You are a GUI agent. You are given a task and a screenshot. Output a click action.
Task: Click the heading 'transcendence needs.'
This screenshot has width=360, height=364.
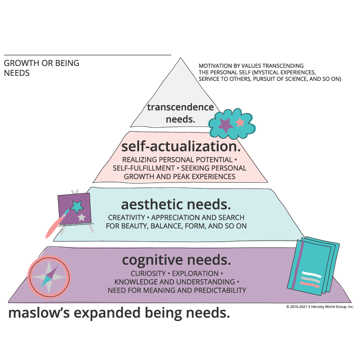tap(180, 113)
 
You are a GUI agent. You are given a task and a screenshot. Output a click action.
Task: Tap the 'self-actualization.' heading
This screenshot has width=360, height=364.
tap(180, 147)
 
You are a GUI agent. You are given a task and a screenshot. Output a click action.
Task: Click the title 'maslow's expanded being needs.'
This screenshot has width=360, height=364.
tap(119, 313)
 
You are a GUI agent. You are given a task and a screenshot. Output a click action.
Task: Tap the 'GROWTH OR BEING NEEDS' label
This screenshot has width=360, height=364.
tap(41, 68)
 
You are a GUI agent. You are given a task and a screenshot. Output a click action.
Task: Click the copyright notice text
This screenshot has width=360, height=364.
tap(320, 307)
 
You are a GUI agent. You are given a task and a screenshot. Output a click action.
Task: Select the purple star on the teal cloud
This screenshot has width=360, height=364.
tap(225, 125)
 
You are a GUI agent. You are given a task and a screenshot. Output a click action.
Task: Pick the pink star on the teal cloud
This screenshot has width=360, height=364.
tap(240, 122)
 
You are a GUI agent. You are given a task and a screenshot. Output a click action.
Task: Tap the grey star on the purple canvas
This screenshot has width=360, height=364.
tap(82, 217)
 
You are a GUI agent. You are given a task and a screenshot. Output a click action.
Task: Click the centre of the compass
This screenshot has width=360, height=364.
tap(49, 276)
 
